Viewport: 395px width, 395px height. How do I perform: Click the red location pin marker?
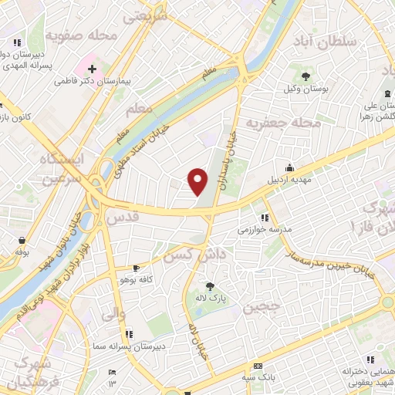click(x=198, y=181)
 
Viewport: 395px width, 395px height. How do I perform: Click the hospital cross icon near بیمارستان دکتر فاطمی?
click(x=92, y=69)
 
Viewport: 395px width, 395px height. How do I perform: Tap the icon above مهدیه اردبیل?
click(x=289, y=167)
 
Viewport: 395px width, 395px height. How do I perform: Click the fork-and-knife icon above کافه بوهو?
click(x=136, y=266)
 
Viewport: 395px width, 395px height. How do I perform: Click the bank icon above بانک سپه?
click(x=258, y=366)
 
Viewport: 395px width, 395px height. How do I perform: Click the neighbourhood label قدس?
click(x=125, y=219)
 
